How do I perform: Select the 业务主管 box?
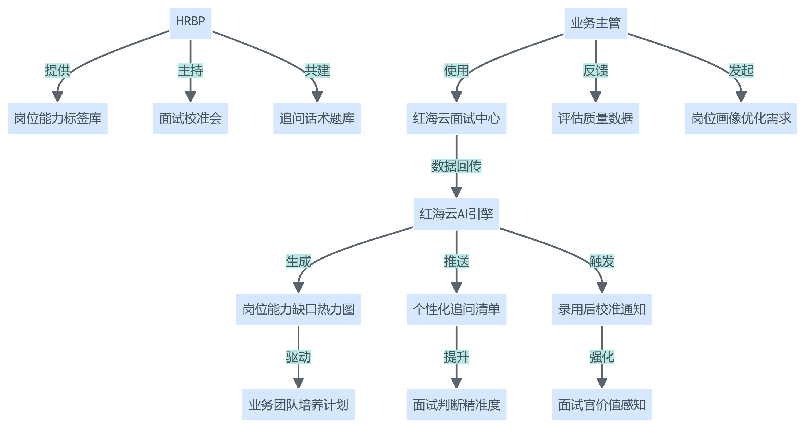[x=595, y=23]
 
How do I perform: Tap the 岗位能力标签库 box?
[x=57, y=119]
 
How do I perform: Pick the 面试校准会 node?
[x=190, y=119]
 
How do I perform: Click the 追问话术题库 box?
[x=317, y=119]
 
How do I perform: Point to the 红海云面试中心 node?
[x=456, y=119]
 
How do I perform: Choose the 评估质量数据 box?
[x=595, y=119]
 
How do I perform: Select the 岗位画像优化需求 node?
[x=741, y=119]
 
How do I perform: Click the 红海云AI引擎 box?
[x=456, y=214]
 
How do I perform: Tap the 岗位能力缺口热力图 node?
[x=298, y=309]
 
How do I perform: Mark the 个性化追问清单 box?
[x=456, y=309]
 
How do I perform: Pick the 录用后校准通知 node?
[x=602, y=309]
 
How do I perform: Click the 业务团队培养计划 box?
[x=298, y=405]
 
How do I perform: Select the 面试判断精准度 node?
[x=456, y=405]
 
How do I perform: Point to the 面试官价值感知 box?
[x=602, y=405]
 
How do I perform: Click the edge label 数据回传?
[x=456, y=166]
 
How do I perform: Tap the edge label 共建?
[x=317, y=71]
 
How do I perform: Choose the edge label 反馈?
[x=595, y=71]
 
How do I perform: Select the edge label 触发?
[x=602, y=261]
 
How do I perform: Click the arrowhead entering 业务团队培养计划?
[x=298, y=383]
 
